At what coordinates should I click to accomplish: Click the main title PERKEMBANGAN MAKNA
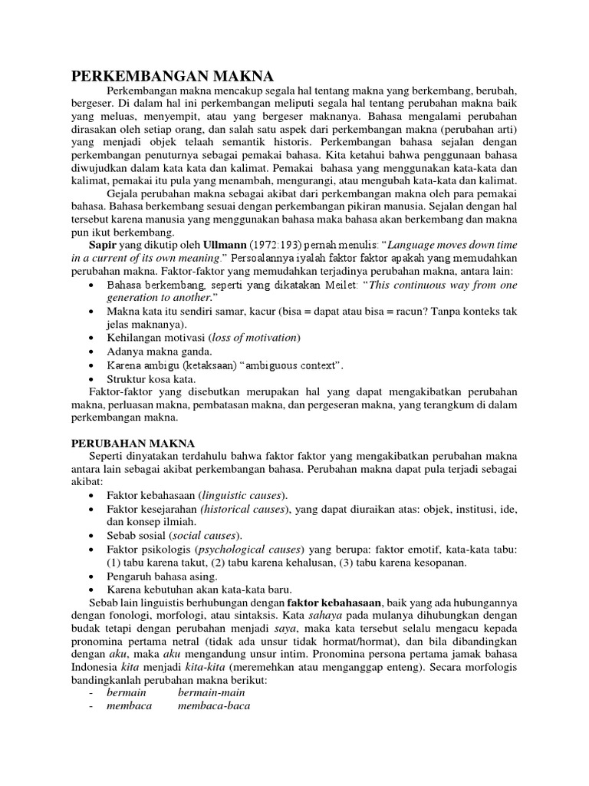click(173, 76)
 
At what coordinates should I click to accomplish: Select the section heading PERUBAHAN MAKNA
click(133, 444)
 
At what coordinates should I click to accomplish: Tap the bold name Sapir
click(104, 243)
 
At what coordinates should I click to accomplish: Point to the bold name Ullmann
click(202, 243)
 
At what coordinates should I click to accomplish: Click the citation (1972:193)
click(257, 243)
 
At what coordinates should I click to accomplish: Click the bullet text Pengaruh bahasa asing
click(163, 576)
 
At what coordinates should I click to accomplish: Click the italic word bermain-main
click(206, 693)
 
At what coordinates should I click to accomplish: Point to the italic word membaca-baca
click(214, 706)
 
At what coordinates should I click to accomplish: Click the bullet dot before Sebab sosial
click(92, 536)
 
